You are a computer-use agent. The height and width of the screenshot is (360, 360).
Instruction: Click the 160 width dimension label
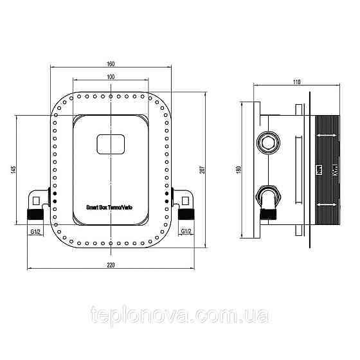pos(111,63)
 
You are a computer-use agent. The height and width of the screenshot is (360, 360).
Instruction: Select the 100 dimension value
pos(111,76)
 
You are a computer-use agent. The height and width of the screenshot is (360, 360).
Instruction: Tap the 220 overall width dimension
pos(111,265)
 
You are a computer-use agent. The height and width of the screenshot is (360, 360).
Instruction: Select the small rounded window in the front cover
pos(111,144)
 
